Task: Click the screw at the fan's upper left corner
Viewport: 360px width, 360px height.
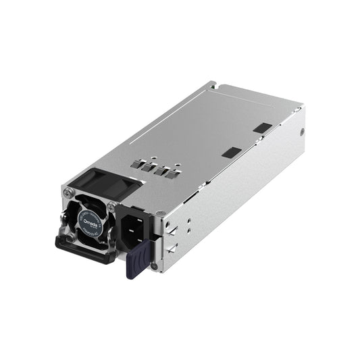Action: [x=66, y=194]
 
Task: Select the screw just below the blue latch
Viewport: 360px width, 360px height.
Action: [x=154, y=265]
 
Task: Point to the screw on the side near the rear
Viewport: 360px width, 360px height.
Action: [x=302, y=130]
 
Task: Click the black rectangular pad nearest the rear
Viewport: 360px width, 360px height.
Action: [x=263, y=128]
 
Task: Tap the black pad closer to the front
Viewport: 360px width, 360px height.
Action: [x=231, y=152]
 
